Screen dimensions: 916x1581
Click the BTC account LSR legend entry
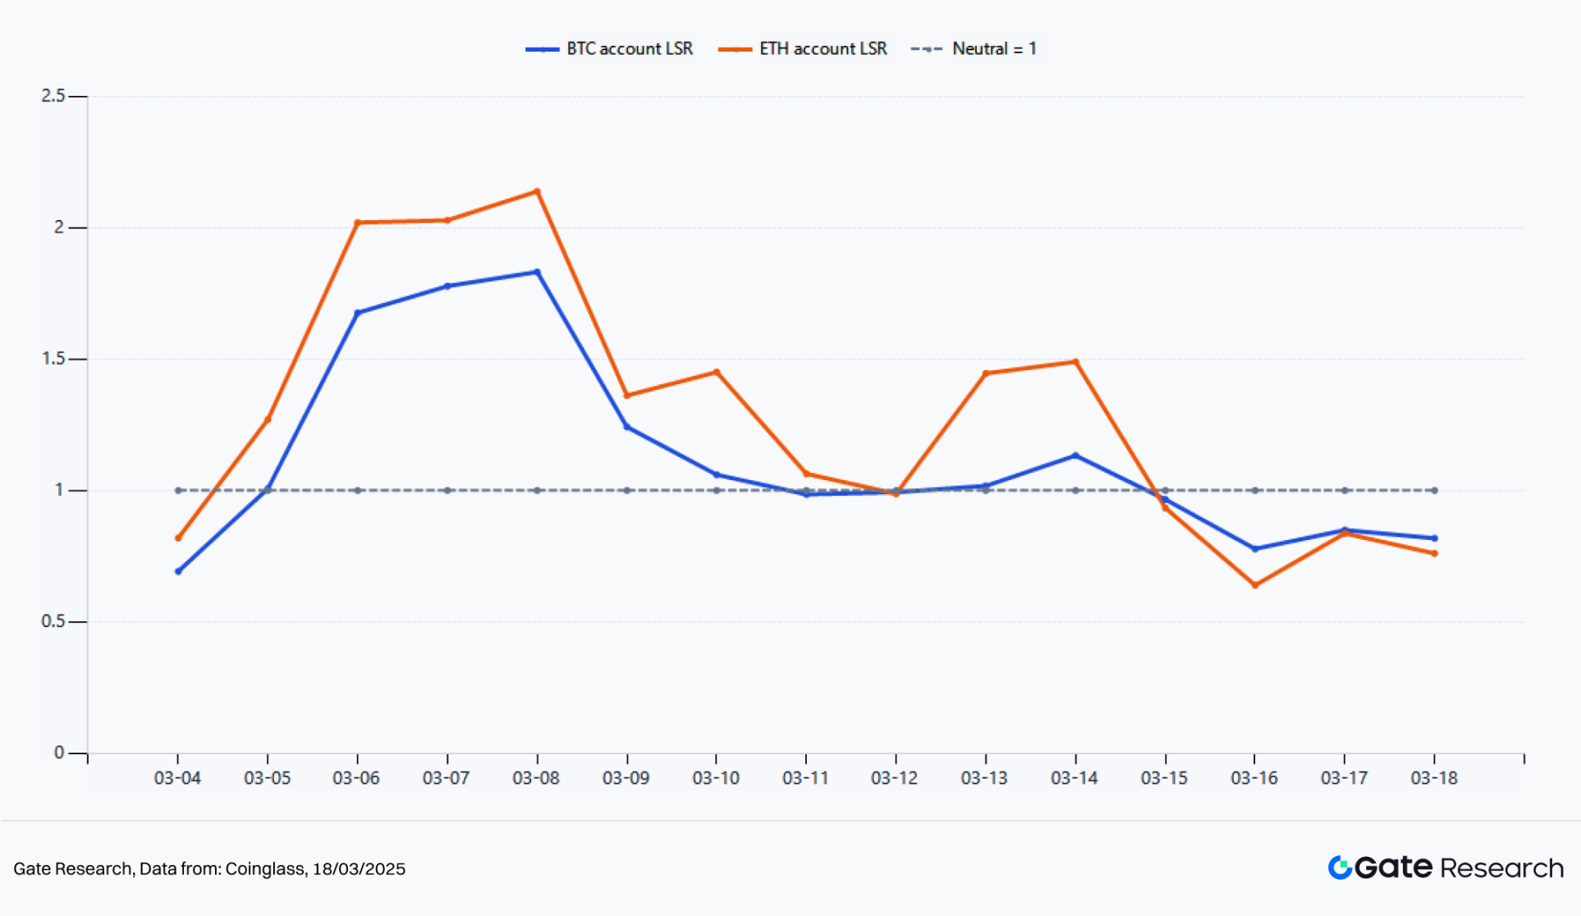point(610,49)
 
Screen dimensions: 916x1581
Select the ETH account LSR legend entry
point(803,49)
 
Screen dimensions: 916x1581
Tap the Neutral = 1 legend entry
point(974,49)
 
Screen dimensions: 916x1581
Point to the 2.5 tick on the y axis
point(53,96)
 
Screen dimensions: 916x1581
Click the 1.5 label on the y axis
point(53,359)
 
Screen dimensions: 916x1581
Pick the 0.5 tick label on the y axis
point(53,621)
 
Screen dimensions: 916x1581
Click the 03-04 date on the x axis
point(177,778)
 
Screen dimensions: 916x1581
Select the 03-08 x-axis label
point(536,778)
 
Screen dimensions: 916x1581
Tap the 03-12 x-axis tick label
point(895,778)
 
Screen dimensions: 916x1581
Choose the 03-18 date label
point(1434,778)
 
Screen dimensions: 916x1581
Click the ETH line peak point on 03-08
point(537,191)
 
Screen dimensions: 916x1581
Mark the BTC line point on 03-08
point(537,272)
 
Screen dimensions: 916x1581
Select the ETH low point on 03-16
point(1255,585)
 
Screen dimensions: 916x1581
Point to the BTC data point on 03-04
point(178,571)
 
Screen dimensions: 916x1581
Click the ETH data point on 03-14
point(1075,362)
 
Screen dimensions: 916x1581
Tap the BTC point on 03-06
point(358,313)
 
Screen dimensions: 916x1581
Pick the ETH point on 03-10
point(717,372)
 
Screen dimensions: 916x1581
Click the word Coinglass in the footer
point(264,869)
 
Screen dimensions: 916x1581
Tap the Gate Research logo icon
point(1340,868)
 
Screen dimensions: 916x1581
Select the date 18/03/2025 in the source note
point(359,869)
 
